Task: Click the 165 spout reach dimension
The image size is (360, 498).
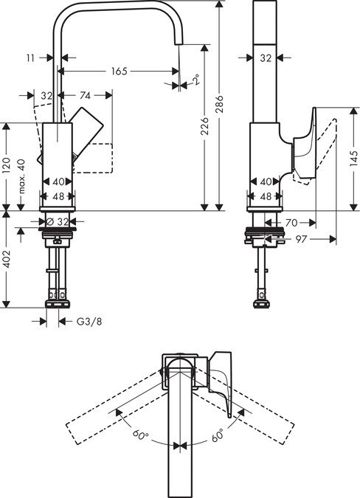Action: pos(118,72)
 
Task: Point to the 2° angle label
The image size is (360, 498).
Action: pos(195,80)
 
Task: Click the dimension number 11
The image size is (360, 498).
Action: pos(30,56)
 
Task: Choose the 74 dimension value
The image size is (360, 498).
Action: pos(85,95)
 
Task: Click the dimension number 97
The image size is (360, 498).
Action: pos(301,239)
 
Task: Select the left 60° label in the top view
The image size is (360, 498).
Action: pos(141,436)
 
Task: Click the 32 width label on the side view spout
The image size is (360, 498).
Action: pos(266,57)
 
